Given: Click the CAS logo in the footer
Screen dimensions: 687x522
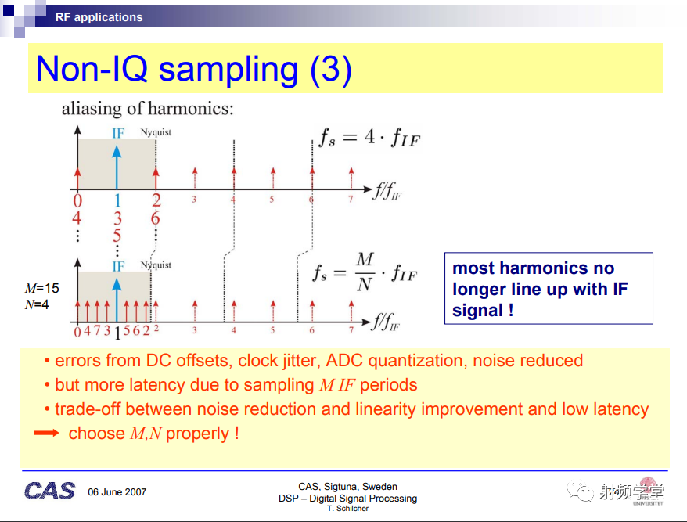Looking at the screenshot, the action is (x=49, y=491).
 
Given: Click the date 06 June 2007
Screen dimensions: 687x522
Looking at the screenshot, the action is (x=117, y=492).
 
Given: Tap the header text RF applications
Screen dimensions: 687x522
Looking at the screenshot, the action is (x=99, y=17).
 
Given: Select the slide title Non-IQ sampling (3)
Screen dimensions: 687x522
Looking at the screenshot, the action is (x=193, y=69).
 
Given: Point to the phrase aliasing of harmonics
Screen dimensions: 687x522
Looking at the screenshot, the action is (x=148, y=109).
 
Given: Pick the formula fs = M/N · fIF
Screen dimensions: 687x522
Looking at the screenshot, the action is (x=365, y=272).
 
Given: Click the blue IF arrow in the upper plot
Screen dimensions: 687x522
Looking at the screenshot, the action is (x=117, y=167).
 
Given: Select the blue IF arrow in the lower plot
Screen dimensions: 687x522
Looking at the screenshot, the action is (x=117, y=301).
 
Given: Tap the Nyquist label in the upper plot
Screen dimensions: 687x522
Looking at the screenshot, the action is (x=156, y=132).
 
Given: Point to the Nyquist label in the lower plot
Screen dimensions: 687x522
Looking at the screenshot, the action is (x=156, y=265).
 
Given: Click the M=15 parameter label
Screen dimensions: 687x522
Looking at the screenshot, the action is (x=42, y=288).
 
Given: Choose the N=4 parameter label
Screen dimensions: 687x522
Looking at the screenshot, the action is (x=37, y=304).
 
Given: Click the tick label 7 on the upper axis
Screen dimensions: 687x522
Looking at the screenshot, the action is (x=351, y=200).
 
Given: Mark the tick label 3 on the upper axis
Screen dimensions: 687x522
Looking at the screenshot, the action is (x=193, y=200).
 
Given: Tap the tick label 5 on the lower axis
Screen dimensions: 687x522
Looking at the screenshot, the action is (x=272, y=330).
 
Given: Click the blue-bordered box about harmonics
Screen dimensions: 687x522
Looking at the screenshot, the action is (x=549, y=289).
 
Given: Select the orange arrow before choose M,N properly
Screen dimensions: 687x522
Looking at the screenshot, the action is (x=46, y=433).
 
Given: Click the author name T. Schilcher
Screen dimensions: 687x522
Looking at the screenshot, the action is (x=347, y=509).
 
